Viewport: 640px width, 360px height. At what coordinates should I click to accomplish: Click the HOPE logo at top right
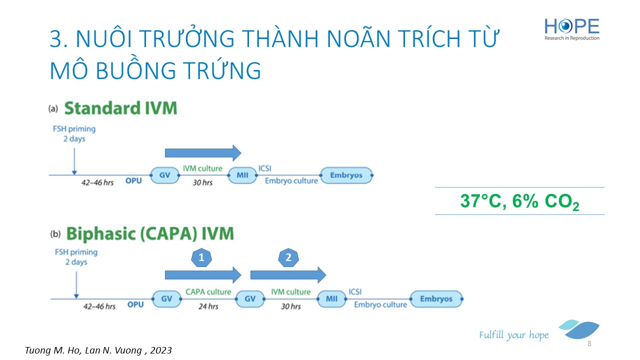pos(571,29)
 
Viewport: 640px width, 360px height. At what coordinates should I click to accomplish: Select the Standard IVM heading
pos(120,108)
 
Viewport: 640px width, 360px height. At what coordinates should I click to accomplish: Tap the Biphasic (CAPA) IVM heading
pos(150,233)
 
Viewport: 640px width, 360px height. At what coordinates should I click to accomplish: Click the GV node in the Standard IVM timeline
pos(165,175)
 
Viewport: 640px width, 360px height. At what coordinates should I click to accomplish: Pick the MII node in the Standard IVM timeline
pos(242,175)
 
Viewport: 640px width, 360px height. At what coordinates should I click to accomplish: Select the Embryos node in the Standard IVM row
pos(346,175)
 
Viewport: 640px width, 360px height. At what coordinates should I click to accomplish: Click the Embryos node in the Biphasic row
pos(436,299)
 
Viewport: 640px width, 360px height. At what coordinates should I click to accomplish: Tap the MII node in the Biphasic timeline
pos(331,299)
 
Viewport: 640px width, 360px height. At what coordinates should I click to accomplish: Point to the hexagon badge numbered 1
pos(201,257)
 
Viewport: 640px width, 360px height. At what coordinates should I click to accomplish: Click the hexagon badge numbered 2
pos(288,257)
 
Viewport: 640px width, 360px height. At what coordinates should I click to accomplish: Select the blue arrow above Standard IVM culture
pos(203,153)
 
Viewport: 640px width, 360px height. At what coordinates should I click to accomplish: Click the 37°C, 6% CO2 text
pos(519,201)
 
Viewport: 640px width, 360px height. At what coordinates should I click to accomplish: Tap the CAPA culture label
pos(208,291)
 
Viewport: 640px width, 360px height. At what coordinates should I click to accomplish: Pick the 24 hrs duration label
pos(208,306)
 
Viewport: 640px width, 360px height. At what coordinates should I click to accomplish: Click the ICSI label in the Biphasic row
pos(355,291)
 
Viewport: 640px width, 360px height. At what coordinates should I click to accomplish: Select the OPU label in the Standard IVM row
pos(133,181)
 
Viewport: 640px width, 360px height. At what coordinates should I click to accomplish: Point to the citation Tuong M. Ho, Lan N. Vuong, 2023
pos(98,350)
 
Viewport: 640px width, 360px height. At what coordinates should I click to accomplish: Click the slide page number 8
pos(589,343)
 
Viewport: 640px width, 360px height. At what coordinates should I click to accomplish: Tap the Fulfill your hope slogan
pos(513,335)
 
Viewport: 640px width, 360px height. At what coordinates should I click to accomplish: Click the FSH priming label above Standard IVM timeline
pos(74,133)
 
